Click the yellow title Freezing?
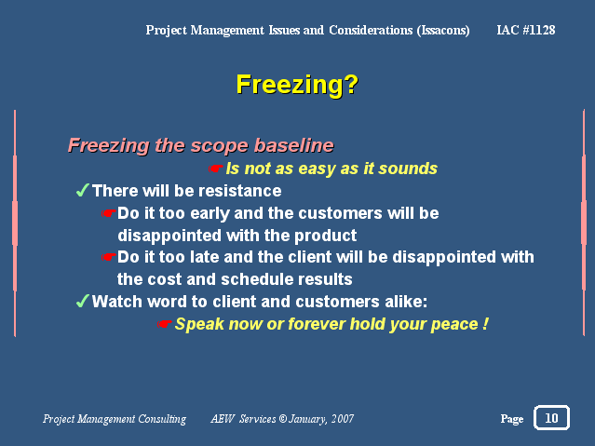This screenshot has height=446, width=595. click(x=297, y=85)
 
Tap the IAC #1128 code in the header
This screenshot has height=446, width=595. click(x=526, y=30)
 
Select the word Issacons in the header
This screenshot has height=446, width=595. click(x=443, y=31)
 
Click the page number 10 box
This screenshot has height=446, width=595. click(x=551, y=418)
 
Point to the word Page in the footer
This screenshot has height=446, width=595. click(x=512, y=419)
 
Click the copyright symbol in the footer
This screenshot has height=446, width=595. click(x=283, y=419)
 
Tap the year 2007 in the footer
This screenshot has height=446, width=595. click(x=343, y=419)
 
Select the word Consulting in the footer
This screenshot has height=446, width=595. click(x=162, y=419)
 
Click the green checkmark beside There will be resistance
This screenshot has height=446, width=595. click(x=82, y=190)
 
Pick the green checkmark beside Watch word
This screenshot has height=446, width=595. click(x=82, y=301)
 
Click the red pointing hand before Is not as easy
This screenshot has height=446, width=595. click(x=215, y=169)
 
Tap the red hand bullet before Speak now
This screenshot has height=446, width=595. click(x=164, y=324)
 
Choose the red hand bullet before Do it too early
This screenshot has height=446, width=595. click(x=109, y=213)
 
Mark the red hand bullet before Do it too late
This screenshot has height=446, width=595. click(x=109, y=257)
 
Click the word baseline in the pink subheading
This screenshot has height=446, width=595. click(x=294, y=145)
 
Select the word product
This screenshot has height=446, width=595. click(x=326, y=236)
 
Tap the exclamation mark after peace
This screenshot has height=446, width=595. click(x=485, y=324)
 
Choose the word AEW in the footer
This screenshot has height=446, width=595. click(x=223, y=419)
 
